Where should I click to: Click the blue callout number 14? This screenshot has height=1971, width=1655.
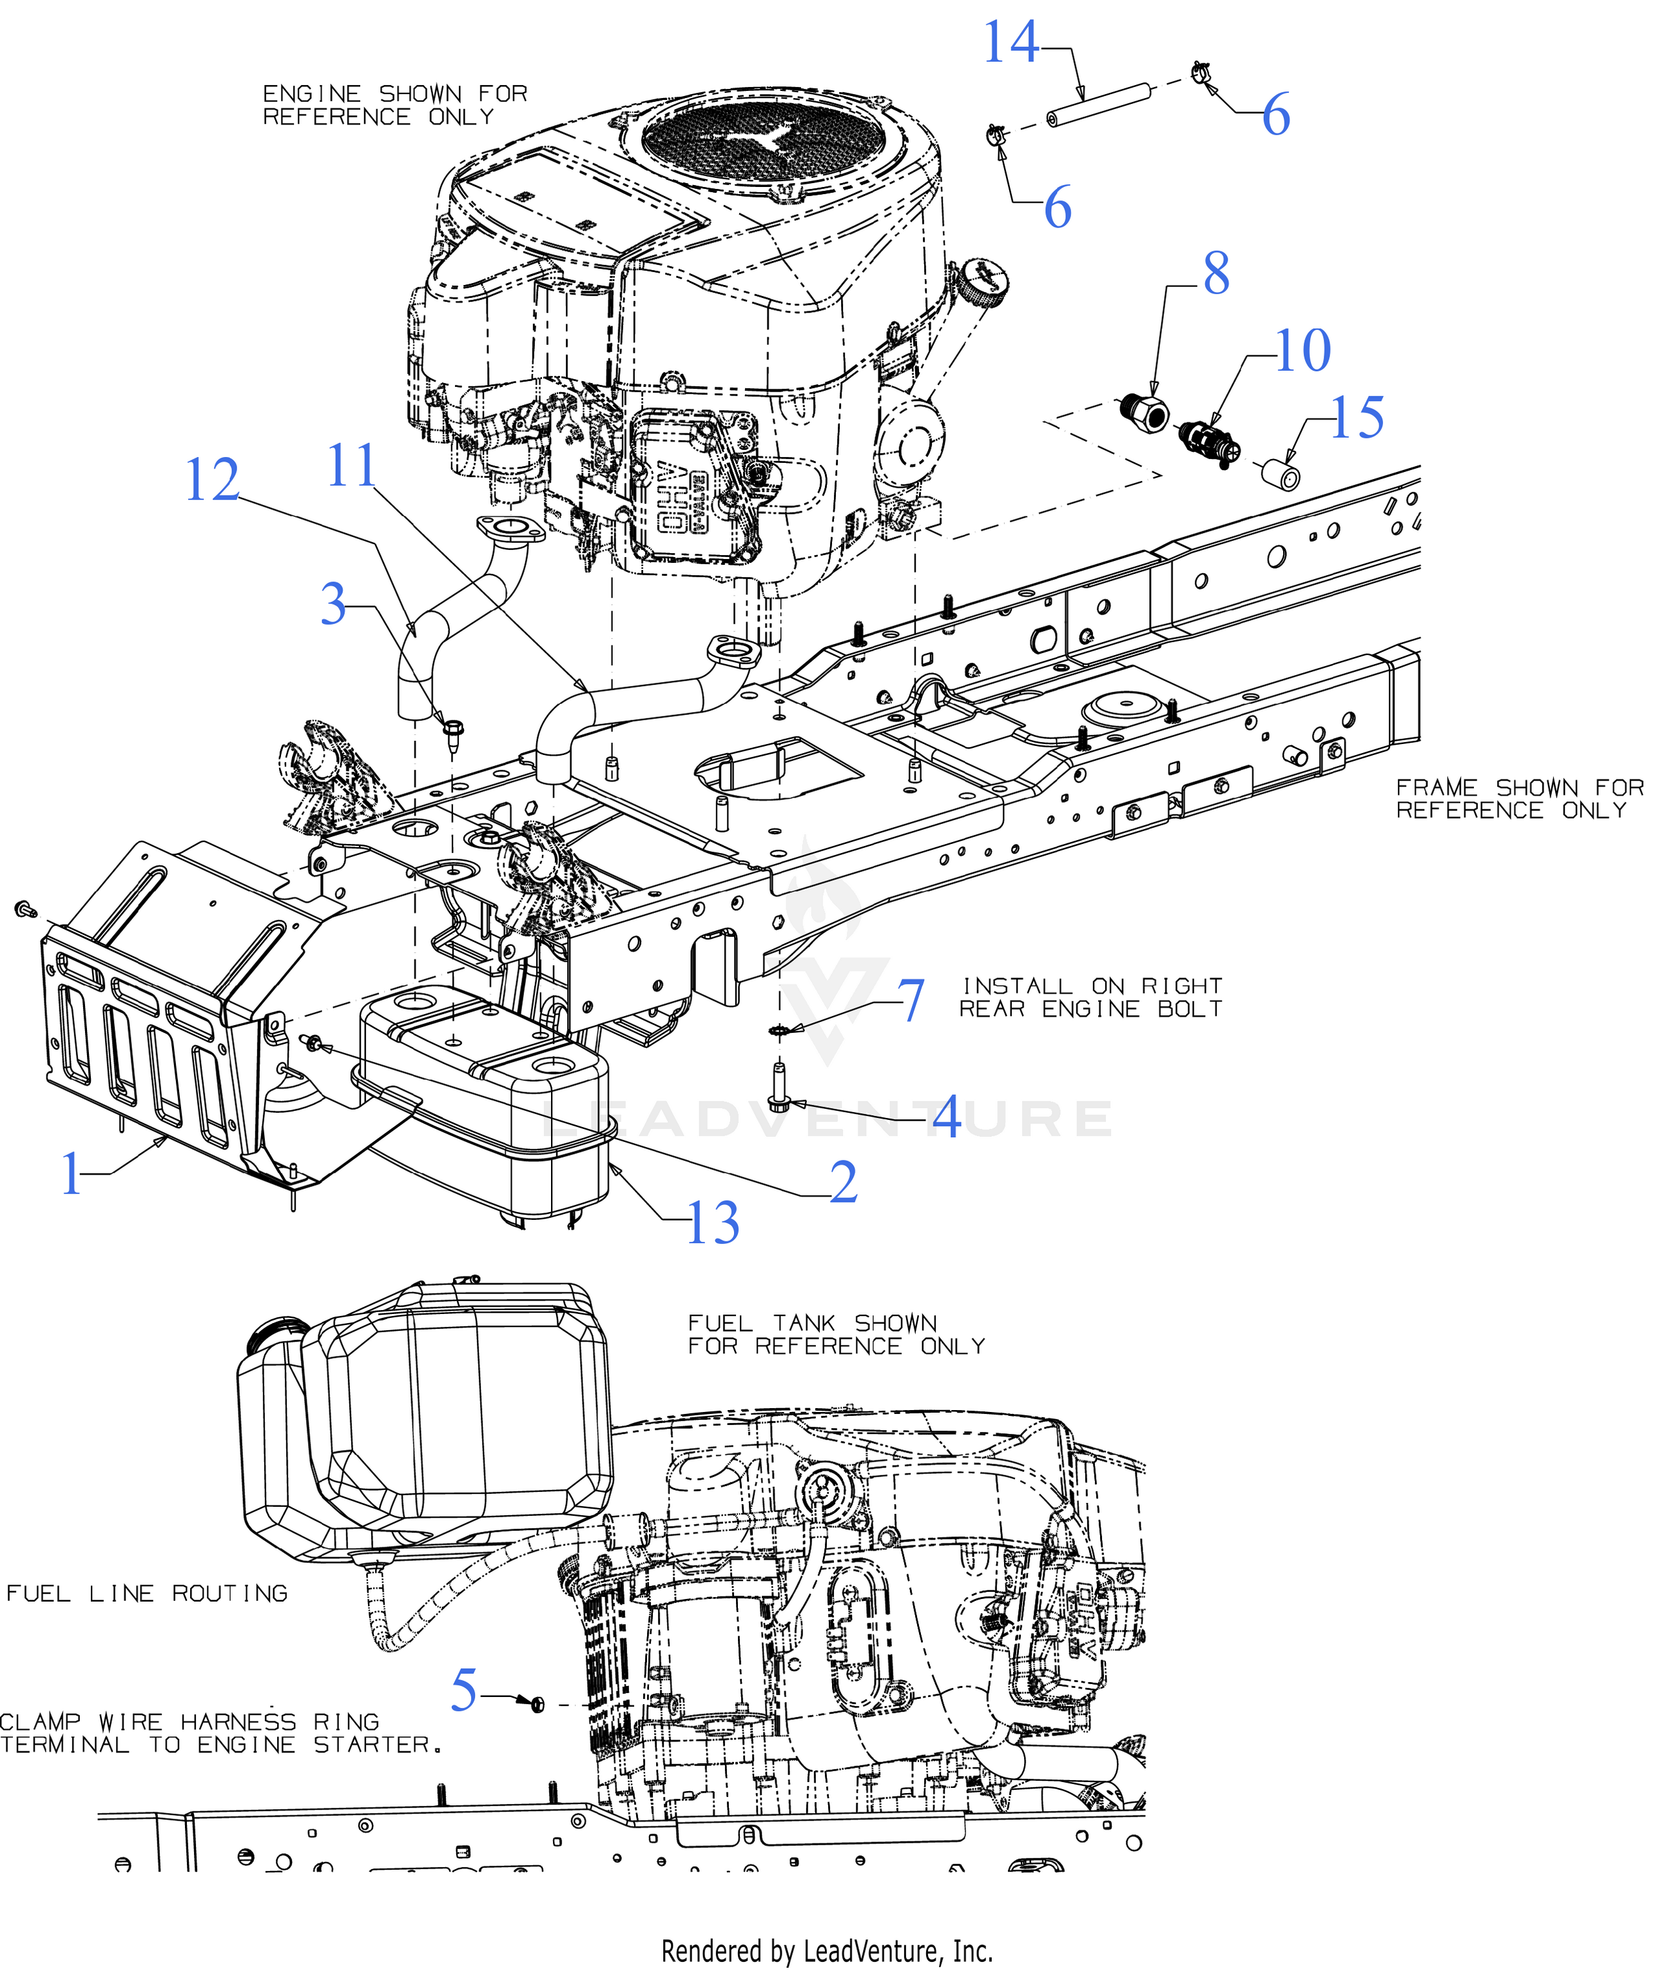(1011, 43)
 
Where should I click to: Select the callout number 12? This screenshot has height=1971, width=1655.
(212, 482)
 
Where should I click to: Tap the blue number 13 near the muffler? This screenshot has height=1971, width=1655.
(713, 1224)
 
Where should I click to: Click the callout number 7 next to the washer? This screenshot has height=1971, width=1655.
(912, 1001)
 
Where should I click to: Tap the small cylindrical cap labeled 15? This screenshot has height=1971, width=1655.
(1281, 473)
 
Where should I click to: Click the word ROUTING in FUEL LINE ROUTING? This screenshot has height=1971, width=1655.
(230, 1594)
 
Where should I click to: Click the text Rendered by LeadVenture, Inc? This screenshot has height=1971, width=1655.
(827, 1951)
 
